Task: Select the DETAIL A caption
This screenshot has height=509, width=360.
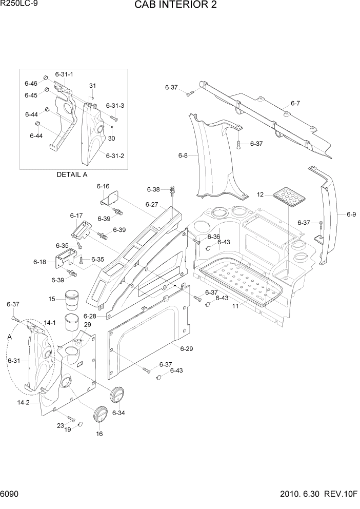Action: pos(72,174)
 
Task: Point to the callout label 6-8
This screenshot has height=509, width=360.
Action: pos(183,155)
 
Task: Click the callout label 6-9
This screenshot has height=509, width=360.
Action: pos(351,214)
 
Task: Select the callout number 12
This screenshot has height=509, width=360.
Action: pos(261,194)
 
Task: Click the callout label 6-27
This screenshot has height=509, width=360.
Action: pos(152,204)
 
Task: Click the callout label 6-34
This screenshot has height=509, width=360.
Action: pos(118,413)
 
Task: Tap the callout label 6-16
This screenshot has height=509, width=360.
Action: pos(103,186)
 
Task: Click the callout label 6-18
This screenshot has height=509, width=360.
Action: pos(40,262)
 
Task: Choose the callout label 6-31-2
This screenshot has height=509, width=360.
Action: pos(115,155)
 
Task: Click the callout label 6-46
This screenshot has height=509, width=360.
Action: pos(31,83)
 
